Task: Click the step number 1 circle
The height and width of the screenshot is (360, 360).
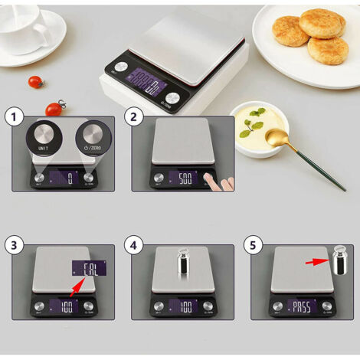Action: (x=11, y=117)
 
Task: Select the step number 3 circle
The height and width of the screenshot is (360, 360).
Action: (x=11, y=245)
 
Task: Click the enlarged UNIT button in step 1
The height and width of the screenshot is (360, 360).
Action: (x=43, y=138)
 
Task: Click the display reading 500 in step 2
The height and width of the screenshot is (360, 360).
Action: (x=184, y=178)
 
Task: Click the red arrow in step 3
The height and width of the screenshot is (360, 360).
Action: (x=74, y=287)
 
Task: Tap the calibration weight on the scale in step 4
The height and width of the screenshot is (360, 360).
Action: (x=184, y=263)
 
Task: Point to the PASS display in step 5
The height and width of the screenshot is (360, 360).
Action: (x=303, y=306)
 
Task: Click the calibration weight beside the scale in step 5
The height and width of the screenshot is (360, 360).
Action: (x=342, y=261)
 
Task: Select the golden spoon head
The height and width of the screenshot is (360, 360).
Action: (x=274, y=138)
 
